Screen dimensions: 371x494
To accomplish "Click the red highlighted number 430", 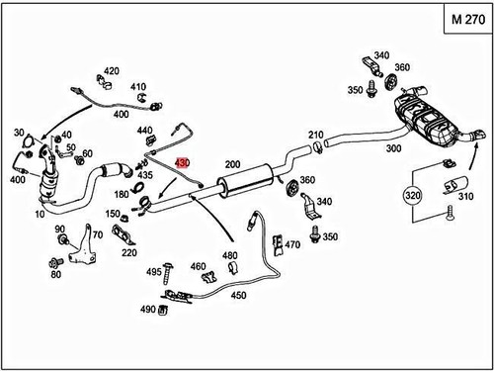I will pyautogui.click(x=182, y=162).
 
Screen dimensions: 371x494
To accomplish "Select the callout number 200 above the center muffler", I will pyautogui.click(x=232, y=163).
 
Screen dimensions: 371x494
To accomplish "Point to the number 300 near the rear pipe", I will pyautogui.click(x=393, y=148).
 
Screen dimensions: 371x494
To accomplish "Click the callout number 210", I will pyautogui.click(x=315, y=135).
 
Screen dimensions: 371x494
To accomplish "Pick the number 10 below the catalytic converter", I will pyautogui.click(x=40, y=214).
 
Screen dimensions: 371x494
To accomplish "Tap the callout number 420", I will pyautogui.click(x=112, y=71).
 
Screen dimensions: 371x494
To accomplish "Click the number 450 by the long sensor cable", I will pyautogui.click(x=239, y=294).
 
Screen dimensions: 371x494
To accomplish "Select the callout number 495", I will pyautogui.click(x=154, y=271).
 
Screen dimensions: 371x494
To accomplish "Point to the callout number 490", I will pyautogui.click(x=148, y=310).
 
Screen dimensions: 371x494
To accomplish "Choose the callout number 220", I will pyautogui.click(x=129, y=252).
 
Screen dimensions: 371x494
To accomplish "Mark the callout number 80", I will pyautogui.click(x=55, y=274).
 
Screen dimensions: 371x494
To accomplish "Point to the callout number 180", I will pyautogui.click(x=123, y=195).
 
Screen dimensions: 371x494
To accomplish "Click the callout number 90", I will pyautogui.click(x=59, y=229).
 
